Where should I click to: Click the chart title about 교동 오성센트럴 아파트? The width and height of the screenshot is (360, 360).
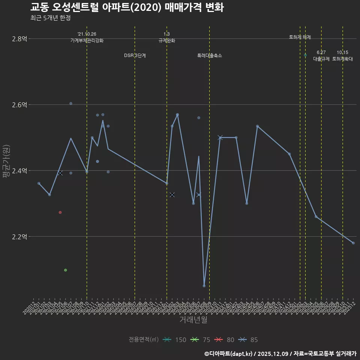[127, 7]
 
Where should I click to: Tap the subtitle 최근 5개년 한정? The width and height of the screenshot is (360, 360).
[50, 18]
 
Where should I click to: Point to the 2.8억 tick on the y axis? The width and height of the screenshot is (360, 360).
[19, 39]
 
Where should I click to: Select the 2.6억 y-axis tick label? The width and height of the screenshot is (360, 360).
[19, 105]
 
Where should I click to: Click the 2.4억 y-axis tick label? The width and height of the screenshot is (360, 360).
[19, 171]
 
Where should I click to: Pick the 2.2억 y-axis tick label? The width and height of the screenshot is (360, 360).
[19, 237]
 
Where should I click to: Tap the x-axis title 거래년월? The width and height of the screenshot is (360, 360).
[193, 319]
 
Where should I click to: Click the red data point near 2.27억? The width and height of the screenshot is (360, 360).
[60, 213]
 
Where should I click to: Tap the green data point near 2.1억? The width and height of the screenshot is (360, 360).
[66, 270]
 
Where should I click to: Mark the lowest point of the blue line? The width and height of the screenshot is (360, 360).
[204, 286]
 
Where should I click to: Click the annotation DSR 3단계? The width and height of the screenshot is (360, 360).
[135, 55]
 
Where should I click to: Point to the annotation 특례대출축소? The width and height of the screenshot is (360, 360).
[210, 55]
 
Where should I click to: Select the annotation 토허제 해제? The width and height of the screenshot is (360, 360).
[300, 37]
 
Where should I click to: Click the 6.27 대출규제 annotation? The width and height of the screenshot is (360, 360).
[321, 55]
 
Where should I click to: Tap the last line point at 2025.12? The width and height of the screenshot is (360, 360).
[353, 243]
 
